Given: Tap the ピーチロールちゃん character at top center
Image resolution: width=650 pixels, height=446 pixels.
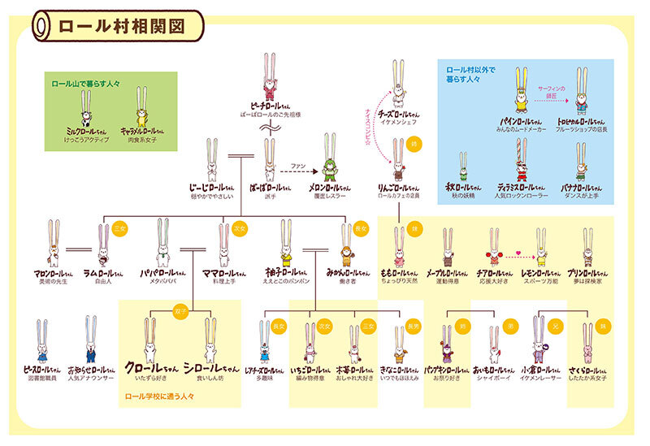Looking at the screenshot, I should pyautogui.click(x=271, y=78).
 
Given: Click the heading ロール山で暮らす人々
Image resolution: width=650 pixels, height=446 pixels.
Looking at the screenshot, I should pyautogui.click(x=82, y=83).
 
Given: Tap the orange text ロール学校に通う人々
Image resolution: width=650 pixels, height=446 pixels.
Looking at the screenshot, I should pyautogui.click(x=159, y=397).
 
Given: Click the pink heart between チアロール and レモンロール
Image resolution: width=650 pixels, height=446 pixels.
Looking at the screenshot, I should pyautogui.click(x=518, y=254).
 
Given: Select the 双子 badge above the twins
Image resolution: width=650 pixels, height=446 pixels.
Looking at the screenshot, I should pyautogui.click(x=180, y=311).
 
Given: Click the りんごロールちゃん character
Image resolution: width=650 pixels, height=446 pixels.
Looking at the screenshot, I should pyautogui.click(x=398, y=162).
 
